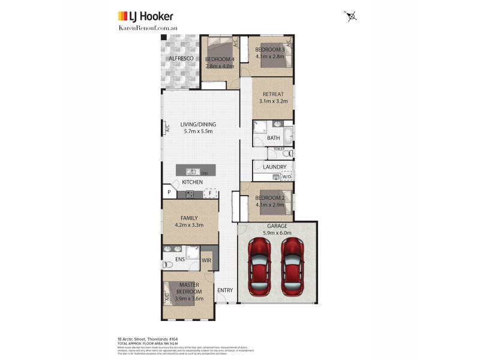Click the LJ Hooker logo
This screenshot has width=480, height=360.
(145, 16)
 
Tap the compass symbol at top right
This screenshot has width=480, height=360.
(352, 16)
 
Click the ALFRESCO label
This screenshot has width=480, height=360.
(181, 58)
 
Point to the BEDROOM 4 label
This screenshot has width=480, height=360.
(220, 59)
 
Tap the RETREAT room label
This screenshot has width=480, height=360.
(273, 94)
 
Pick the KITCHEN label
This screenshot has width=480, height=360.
(193, 182)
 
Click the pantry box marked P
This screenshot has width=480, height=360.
(169, 193)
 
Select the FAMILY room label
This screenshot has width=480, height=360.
(190, 218)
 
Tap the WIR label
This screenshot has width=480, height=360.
(206, 260)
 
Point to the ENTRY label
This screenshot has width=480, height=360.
(225, 290)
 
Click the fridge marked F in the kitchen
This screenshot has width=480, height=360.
(211, 193)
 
